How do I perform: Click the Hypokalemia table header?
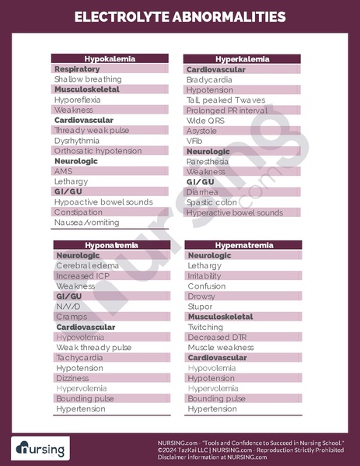tap(110, 59)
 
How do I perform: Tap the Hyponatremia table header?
tap(110, 245)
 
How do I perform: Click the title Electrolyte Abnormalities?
tap(180, 16)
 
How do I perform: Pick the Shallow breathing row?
tap(88, 79)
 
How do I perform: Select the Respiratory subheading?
tap(77, 69)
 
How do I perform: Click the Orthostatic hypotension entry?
tap(99, 151)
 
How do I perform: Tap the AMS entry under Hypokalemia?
tap(63, 171)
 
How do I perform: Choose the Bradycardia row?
tap(207, 79)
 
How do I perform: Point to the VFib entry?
tap(194, 141)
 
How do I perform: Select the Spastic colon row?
tap(211, 202)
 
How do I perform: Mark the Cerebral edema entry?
tap(87, 265)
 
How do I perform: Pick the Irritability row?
tap(204, 275)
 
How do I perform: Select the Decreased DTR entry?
tap(218, 337)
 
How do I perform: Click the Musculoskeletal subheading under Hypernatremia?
tap(220, 317)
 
